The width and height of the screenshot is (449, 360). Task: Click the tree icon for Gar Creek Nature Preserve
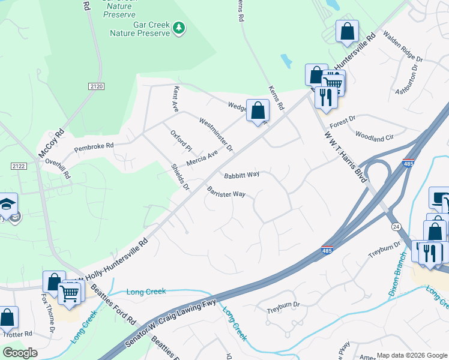pyautogui.click(x=178, y=28)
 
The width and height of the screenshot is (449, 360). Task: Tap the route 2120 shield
pyautogui.click(x=96, y=86)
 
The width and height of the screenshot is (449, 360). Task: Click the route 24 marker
pyautogui.click(x=396, y=227)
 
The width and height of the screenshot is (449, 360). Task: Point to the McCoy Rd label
pyautogui.click(x=50, y=145)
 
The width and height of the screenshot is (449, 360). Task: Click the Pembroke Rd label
pyautogui.click(x=94, y=146)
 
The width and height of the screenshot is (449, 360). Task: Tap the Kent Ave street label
pyautogui.click(x=176, y=99)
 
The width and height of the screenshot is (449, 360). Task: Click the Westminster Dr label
pyautogui.click(x=215, y=134)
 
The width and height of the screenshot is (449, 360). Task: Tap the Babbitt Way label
pyautogui.click(x=242, y=175)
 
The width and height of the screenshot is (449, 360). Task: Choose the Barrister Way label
pyautogui.click(x=226, y=194)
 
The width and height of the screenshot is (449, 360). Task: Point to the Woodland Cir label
pyautogui.click(x=375, y=137)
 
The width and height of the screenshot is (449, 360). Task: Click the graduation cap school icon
pyautogui.click(x=7, y=203)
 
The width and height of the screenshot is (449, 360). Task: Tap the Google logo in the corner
pyautogui.click(x=20, y=353)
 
